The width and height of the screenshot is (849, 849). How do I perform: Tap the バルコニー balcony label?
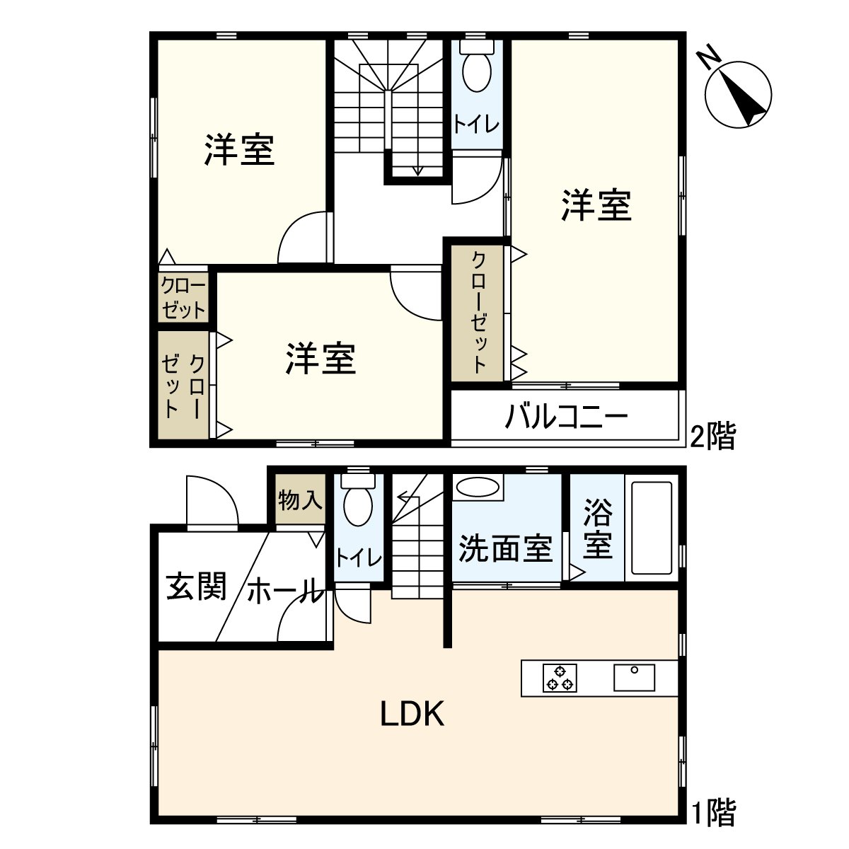pyautogui.click(x=567, y=417)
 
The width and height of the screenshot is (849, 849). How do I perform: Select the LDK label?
pyautogui.click(x=412, y=715)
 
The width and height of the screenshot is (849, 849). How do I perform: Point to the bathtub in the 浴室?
pyautogui.click(x=652, y=528)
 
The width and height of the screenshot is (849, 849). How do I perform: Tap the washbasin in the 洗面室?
pyautogui.click(x=478, y=488)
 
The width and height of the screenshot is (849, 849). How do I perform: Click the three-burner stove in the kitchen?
pyautogui.click(x=560, y=678)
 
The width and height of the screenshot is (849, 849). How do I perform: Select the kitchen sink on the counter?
pyautogui.click(x=634, y=677)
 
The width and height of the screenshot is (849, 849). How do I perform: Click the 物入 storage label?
pyautogui.click(x=300, y=501)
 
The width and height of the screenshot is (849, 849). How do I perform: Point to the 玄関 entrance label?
pyautogui.click(x=196, y=587)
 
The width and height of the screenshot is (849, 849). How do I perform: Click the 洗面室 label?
pyautogui.click(x=505, y=548)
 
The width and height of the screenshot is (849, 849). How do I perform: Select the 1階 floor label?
pyautogui.click(x=712, y=812)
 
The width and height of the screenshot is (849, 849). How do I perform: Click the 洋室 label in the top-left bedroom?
pyautogui.click(x=240, y=150)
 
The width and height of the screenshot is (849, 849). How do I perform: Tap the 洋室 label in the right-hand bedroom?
pyautogui.click(x=596, y=205)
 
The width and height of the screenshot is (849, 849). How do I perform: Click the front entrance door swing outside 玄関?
pyautogui.click(x=211, y=501)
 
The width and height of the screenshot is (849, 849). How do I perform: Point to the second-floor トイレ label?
pyautogui.click(x=477, y=125)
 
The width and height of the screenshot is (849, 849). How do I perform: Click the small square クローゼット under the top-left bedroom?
pyautogui.click(x=183, y=298)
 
